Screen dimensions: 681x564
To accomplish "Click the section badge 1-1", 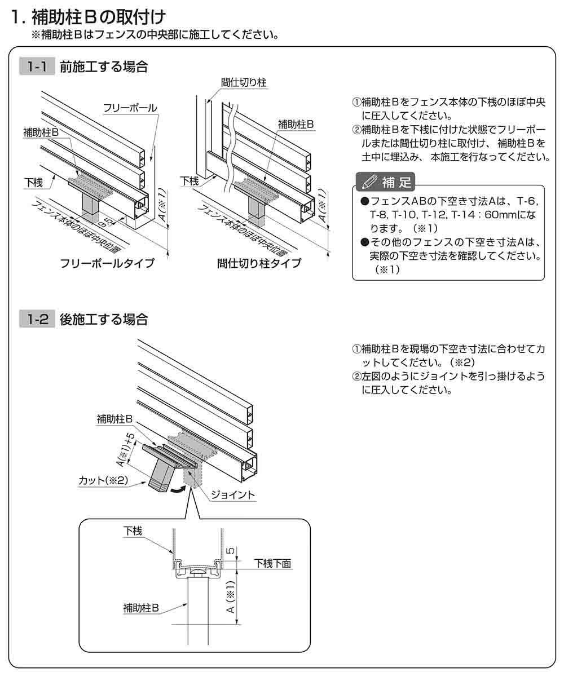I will point(37,67).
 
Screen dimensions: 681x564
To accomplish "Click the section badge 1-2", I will point(37,320).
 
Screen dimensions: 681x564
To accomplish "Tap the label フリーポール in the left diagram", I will point(130,108).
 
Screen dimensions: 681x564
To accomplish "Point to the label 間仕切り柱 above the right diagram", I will point(244,83).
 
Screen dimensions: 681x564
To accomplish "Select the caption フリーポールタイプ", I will point(107,263).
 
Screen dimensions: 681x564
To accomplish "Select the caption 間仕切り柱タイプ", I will point(259,263).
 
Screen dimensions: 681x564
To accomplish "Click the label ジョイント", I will point(232,495).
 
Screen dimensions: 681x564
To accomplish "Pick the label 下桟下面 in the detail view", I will point(272,563).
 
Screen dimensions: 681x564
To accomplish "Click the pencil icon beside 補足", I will point(369,182).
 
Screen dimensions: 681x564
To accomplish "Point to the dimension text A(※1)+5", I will point(125,449).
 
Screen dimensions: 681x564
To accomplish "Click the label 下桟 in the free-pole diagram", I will point(33,182).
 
